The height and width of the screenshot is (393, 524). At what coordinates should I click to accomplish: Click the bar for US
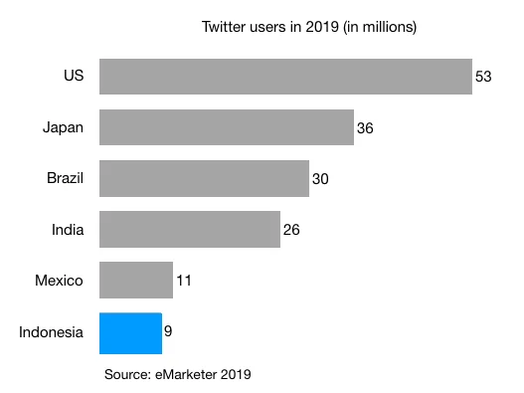pyautogui.click(x=285, y=77)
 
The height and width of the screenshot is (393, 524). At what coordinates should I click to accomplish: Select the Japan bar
pyautogui.click(x=227, y=127)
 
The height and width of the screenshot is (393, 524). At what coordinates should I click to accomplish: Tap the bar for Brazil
pyautogui.click(x=204, y=178)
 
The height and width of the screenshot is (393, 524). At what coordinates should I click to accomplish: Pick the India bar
pyautogui.click(x=189, y=229)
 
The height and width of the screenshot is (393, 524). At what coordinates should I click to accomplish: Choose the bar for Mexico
pyautogui.click(x=136, y=281)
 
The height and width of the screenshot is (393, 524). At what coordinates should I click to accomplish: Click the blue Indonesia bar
pyautogui.click(x=130, y=332)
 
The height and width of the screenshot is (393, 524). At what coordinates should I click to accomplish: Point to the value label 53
pyautogui.click(x=484, y=77)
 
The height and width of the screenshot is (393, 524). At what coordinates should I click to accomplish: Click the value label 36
pyautogui.click(x=365, y=128)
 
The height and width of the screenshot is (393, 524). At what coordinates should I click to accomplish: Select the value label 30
pyautogui.click(x=319, y=179)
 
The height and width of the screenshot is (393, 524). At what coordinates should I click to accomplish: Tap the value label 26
pyautogui.click(x=290, y=230)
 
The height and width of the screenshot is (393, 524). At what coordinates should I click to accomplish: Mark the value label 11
pyautogui.click(x=183, y=281)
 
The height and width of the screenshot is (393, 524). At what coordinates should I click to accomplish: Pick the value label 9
pyautogui.click(x=168, y=331)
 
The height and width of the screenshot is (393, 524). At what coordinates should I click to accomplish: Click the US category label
pyautogui.click(x=73, y=77)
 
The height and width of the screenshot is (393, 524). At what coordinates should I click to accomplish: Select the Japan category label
pyautogui.click(x=63, y=127)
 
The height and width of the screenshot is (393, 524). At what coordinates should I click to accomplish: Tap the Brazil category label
pyautogui.click(x=64, y=178)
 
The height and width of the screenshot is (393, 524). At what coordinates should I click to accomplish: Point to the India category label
pyautogui.click(x=68, y=230)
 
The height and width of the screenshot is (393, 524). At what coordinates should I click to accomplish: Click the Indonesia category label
pyautogui.click(x=51, y=332)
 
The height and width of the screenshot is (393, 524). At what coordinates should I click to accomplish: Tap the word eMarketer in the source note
pyautogui.click(x=186, y=374)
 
